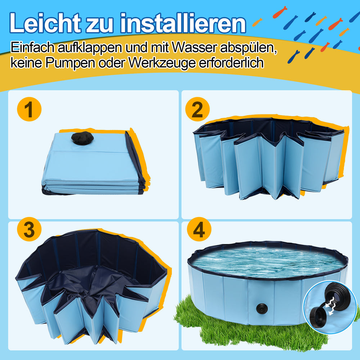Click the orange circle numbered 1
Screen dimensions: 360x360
coord(29,109)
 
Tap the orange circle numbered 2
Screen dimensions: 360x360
coord(197,109)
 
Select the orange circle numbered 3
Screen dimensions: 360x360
coord(29,229)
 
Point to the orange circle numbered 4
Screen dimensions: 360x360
coord(199,229)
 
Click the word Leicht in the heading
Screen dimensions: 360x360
coord(45,23)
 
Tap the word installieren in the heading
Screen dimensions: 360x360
coord(183,23)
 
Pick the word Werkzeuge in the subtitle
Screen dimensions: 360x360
coord(162,63)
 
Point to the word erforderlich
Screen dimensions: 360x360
coord(231,62)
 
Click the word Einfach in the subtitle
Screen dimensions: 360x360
coord(32,47)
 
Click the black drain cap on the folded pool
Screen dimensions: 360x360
coord(82,138)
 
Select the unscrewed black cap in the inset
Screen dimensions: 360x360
coord(319,315)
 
